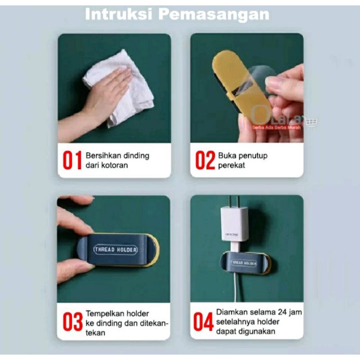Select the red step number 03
(x=72, y=322)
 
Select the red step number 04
(x=203, y=322)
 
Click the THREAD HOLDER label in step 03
(x=116, y=249)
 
